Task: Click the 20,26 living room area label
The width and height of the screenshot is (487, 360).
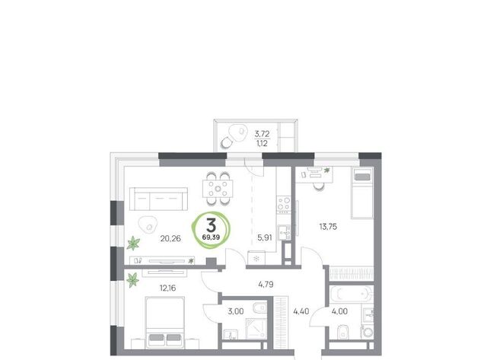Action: click(170, 238)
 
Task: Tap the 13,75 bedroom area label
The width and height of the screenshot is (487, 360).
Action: click(328, 227)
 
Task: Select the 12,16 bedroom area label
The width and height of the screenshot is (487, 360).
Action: click(167, 288)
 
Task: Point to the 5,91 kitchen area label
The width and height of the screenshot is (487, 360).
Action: click(265, 238)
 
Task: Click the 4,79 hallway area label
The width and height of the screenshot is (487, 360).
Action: click(266, 284)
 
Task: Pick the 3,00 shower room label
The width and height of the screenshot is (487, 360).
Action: click(236, 311)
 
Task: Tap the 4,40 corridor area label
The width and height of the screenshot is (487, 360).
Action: click(301, 311)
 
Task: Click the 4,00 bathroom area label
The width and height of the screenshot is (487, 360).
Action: click(339, 311)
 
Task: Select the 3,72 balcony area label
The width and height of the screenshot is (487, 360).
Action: click(262, 134)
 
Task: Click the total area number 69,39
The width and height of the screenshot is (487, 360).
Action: click(211, 237)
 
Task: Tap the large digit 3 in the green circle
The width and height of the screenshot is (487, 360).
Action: click(212, 225)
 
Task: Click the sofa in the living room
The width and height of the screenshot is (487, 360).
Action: click(158, 199)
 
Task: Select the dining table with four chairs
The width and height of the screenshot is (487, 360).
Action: click(218, 189)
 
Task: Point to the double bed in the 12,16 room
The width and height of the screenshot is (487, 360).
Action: click(165, 322)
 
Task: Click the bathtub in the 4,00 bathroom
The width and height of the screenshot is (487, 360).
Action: click(351, 294)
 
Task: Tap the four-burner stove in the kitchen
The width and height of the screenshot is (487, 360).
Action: click(284, 204)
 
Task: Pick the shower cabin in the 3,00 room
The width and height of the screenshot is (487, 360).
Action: click(256, 329)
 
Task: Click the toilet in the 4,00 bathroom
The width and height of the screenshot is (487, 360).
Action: click(343, 333)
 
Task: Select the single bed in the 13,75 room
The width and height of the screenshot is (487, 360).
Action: click(362, 193)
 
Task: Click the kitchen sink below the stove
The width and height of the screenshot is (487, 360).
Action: click(284, 232)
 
